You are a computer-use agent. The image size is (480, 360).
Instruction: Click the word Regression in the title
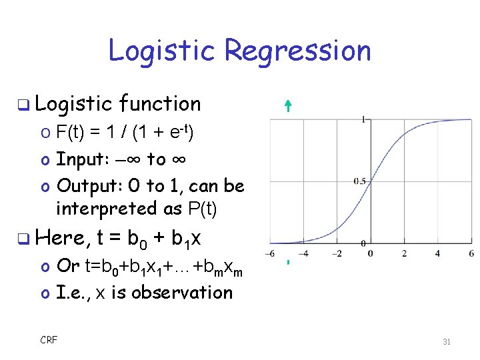tap(297, 51)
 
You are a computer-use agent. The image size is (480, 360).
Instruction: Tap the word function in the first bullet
tap(160, 104)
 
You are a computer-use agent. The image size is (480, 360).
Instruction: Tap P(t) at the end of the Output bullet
tap(203, 209)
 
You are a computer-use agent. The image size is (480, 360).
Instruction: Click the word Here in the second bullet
tap(62, 237)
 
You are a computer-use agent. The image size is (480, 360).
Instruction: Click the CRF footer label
tap(49, 340)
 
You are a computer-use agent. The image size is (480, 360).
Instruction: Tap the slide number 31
tap(447, 341)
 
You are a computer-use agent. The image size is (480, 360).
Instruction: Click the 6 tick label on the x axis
tap(471, 253)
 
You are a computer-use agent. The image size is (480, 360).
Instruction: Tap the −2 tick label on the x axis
tap(336, 253)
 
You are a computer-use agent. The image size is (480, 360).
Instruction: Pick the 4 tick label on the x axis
tap(437, 253)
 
